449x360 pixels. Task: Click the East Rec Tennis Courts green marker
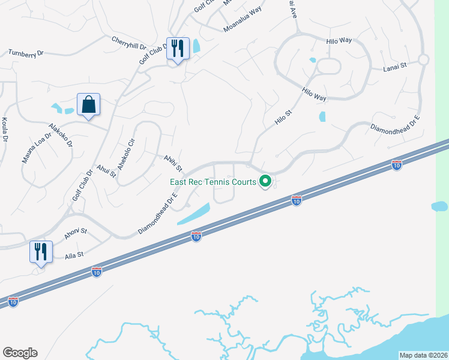(265, 181)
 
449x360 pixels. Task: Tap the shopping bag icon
(88, 105)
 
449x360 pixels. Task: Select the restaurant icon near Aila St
(41, 252)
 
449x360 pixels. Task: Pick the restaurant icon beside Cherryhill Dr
(178, 49)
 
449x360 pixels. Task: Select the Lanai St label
(395, 69)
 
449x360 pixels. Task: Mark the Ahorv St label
(76, 231)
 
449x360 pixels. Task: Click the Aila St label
(74, 255)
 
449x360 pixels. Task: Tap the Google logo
(20, 353)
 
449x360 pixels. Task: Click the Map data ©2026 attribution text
(423, 355)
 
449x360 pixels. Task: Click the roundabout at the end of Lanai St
(423, 59)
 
